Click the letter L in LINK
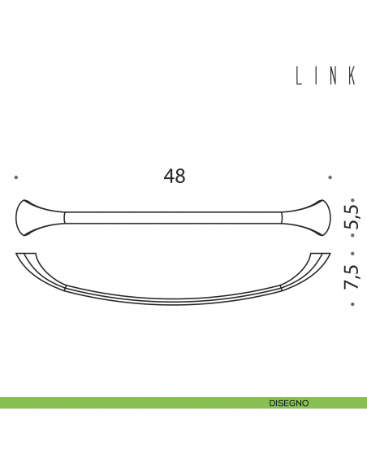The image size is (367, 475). point(299,76)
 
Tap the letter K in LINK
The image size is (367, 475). point(352,76)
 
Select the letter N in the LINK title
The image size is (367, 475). point(334,76)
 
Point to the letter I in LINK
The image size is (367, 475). point(317,76)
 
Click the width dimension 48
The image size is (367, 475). point(174,176)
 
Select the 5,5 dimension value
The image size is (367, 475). point(352,217)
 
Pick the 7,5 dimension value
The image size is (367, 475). point(352,277)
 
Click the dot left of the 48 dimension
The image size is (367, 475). point(16,176)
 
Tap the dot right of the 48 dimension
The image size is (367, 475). point(330,176)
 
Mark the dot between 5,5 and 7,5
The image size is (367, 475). point(352,247)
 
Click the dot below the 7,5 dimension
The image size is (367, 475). point(352,305)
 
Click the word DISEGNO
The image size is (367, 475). point(288,403)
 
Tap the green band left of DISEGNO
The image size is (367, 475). point(122,403)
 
